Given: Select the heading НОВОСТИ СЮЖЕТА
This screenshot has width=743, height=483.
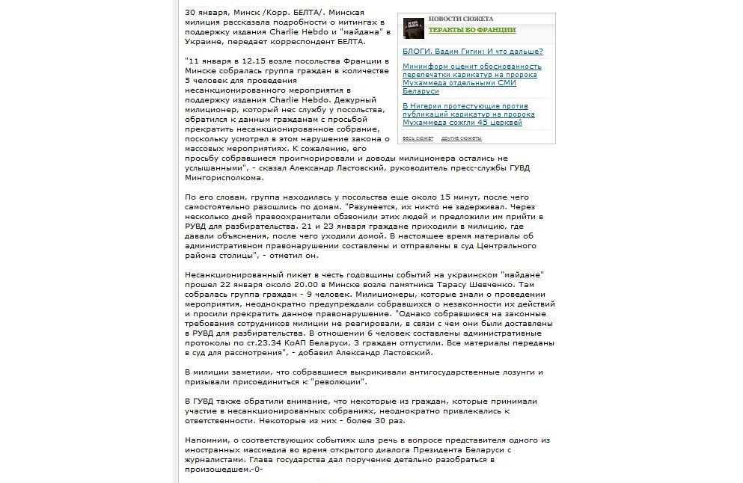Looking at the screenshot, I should coord(460,19).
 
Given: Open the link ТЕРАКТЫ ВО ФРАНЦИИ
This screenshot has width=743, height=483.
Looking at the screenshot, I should coord(471,30).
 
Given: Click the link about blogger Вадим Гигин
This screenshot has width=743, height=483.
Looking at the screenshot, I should coord(472,52).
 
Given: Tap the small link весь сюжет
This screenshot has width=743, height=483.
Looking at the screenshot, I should coord(418,138).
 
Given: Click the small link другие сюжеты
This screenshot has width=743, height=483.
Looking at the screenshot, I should coord(461,138).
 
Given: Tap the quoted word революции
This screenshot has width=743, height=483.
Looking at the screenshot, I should coord(341,381).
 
